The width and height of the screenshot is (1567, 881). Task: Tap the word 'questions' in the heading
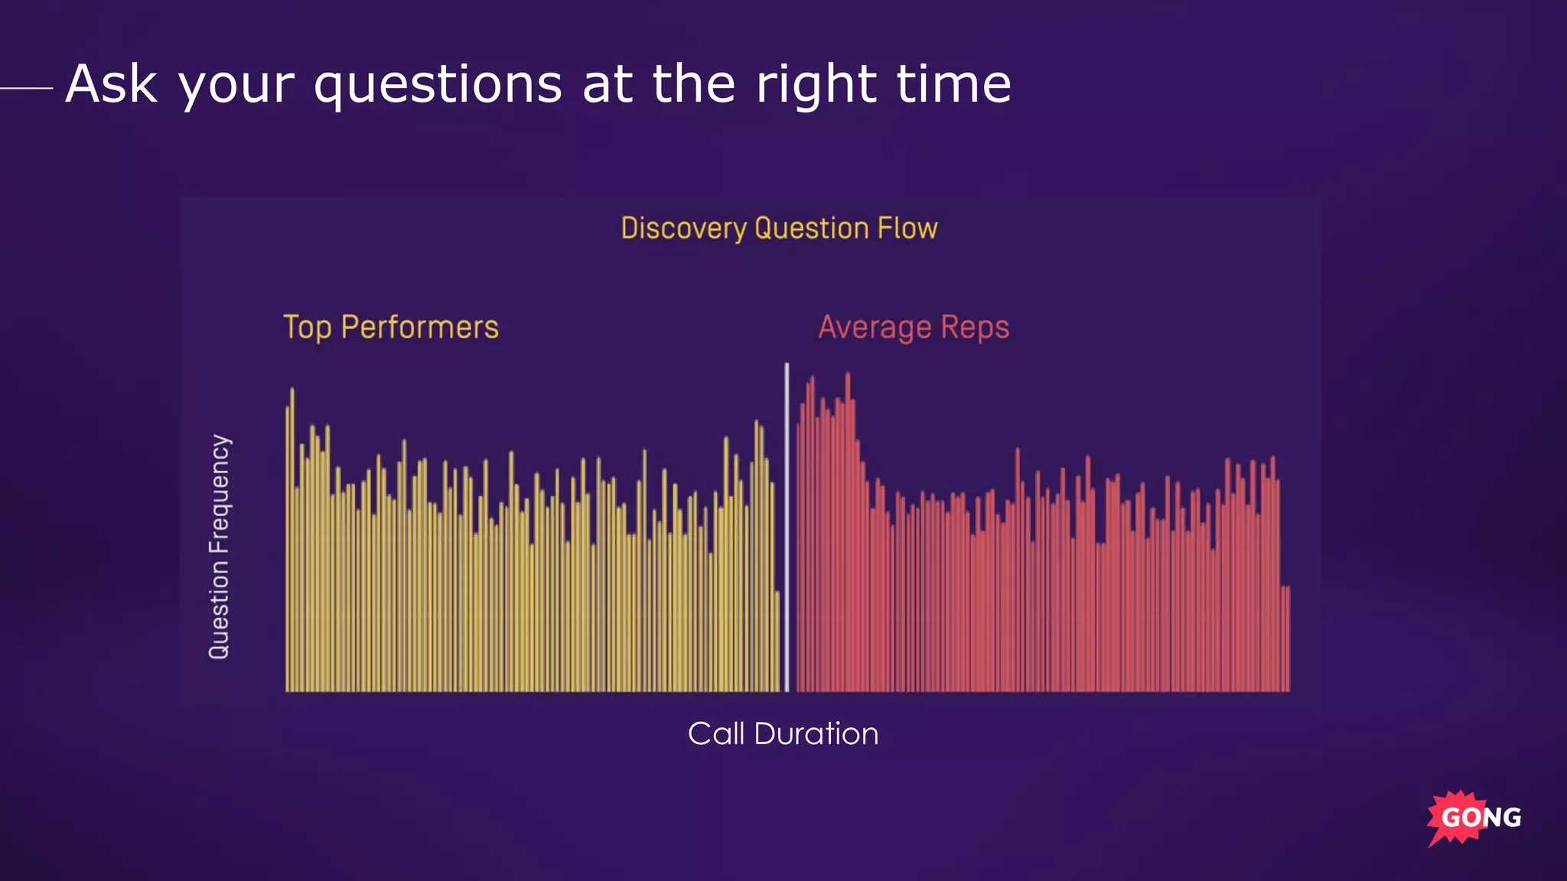(x=438, y=86)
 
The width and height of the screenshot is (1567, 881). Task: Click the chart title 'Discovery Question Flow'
(x=779, y=229)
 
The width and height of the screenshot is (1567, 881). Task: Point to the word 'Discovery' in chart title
(x=683, y=229)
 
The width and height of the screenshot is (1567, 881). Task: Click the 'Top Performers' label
(x=390, y=327)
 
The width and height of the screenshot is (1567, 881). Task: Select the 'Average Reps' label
(x=914, y=327)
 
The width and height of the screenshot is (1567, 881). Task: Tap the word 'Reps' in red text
(x=975, y=328)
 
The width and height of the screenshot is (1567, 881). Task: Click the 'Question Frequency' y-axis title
(x=220, y=546)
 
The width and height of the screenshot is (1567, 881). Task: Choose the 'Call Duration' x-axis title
(x=783, y=733)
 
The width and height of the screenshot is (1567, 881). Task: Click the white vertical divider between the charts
(x=787, y=528)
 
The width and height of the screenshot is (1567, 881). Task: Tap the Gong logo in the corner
(x=1474, y=818)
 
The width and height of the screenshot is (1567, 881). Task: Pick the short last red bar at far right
(x=1288, y=639)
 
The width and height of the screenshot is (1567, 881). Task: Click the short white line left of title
(x=27, y=88)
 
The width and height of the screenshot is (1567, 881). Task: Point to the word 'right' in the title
(x=816, y=86)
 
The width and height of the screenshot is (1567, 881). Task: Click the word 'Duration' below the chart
(x=816, y=733)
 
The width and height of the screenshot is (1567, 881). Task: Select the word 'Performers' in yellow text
(x=419, y=327)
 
